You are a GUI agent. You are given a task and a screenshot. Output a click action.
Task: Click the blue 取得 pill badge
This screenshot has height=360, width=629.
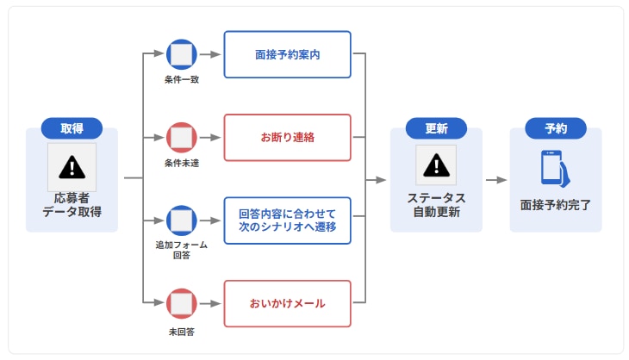point(72,128)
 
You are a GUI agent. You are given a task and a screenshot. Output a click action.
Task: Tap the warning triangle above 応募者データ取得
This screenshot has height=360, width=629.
point(72,165)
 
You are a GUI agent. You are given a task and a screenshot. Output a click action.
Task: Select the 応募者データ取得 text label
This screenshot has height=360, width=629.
point(72,205)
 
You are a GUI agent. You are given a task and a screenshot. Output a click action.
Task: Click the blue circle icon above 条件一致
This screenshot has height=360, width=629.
point(181,54)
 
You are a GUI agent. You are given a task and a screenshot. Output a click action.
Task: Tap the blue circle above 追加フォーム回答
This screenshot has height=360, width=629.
point(181,220)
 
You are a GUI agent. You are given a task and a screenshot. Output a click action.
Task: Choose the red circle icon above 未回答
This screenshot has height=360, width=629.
point(181,303)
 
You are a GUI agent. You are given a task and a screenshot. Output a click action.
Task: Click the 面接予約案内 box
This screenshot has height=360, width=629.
point(287,54)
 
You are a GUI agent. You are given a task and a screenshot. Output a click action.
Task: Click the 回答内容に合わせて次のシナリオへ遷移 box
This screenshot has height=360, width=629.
point(287,220)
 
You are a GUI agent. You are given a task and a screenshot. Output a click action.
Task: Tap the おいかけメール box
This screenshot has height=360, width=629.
point(287,303)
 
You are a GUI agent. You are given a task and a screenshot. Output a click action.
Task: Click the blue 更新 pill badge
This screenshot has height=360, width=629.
point(435,128)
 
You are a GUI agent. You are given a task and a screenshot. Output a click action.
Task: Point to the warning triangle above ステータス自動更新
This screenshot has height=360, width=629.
point(435,164)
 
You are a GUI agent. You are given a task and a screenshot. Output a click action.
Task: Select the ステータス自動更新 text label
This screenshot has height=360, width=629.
point(435,205)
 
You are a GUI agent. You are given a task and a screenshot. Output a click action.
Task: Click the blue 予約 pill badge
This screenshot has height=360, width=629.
point(556,128)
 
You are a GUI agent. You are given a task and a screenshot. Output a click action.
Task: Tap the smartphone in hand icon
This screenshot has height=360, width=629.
point(556,168)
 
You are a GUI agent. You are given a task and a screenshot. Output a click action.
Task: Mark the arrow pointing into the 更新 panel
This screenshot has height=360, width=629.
point(377,180)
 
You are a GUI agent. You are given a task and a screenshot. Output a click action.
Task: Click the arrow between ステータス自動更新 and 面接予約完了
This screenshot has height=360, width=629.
point(495,180)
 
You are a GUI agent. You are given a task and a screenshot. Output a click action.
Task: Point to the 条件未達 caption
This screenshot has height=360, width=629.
point(181,163)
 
